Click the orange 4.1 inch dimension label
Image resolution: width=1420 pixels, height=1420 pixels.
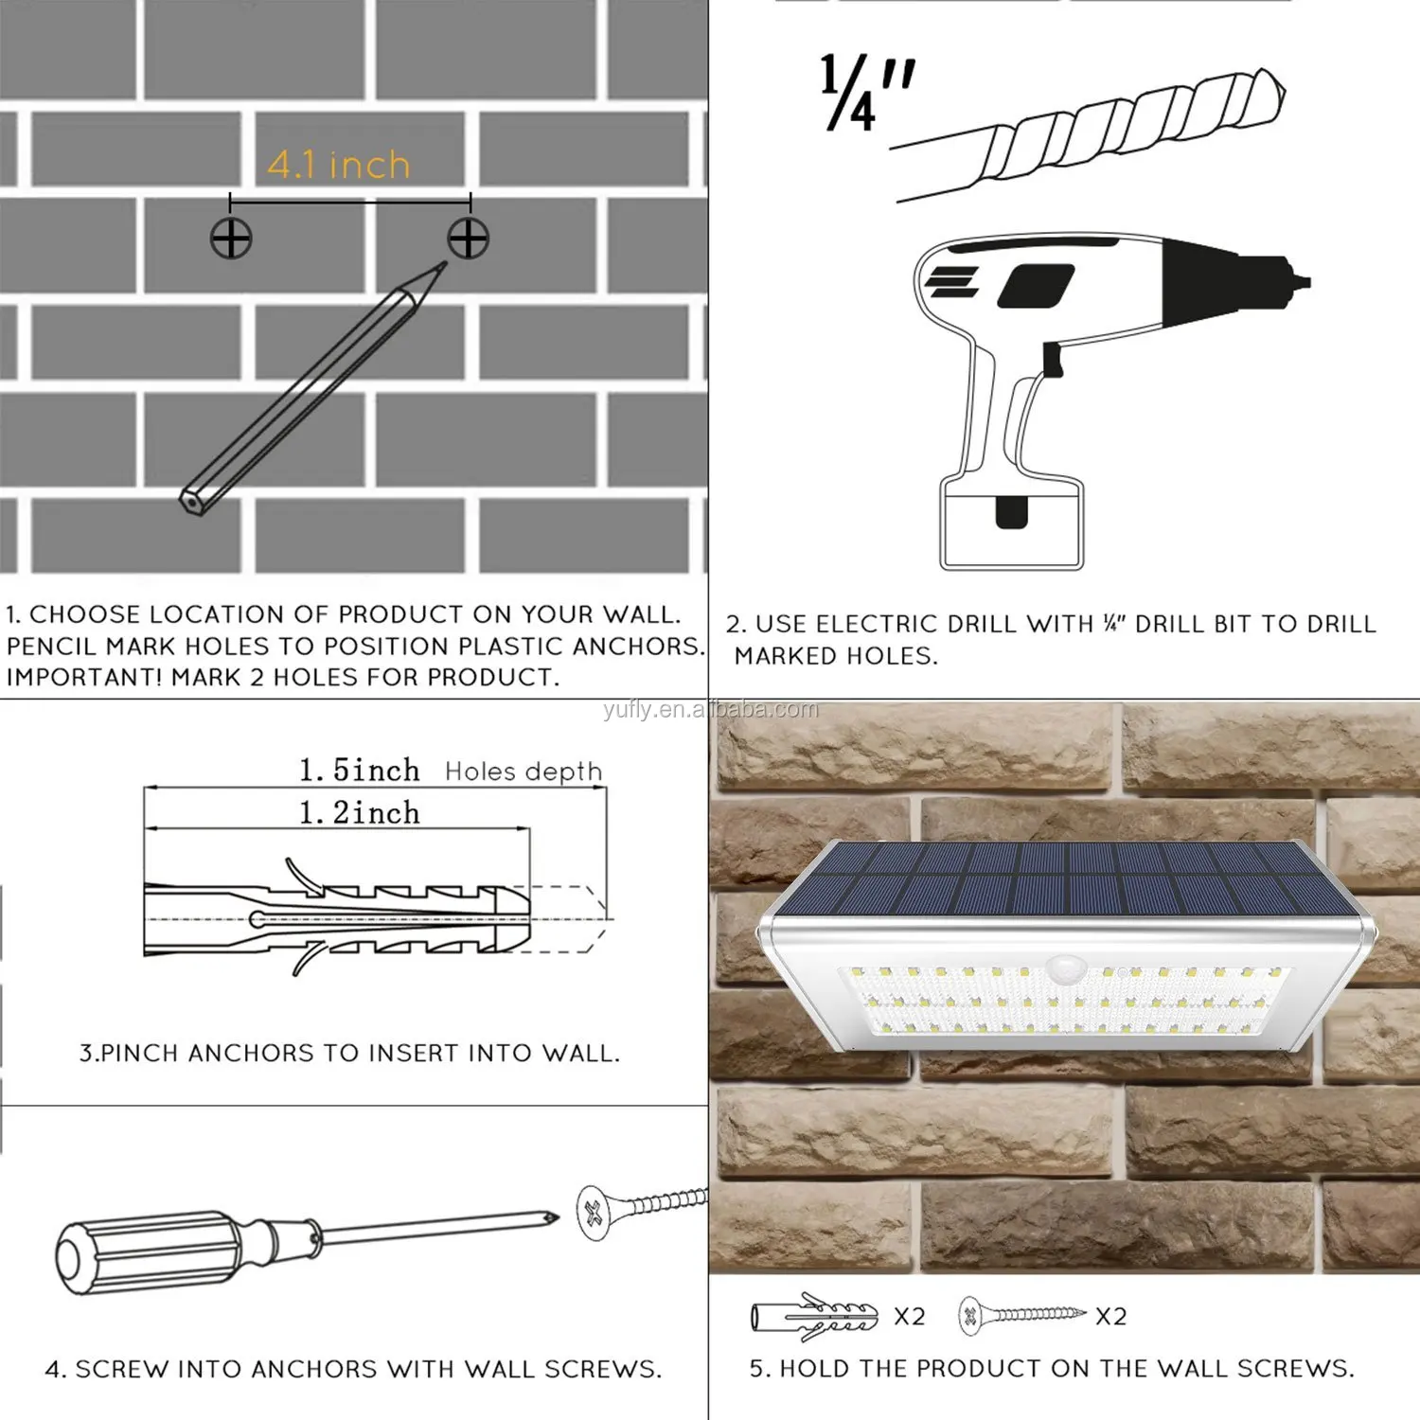point(338,165)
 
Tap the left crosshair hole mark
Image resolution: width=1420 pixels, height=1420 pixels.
point(231,238)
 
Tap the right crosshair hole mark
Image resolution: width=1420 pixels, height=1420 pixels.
point(469,238)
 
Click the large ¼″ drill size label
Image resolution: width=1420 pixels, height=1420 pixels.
point(867,92)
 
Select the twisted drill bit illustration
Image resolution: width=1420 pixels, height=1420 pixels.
point(1089,133)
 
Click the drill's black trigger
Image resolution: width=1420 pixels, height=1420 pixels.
point(1051,359)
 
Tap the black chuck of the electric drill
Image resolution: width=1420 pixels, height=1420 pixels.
point(1231,282)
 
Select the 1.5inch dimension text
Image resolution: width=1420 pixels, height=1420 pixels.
point(359,771)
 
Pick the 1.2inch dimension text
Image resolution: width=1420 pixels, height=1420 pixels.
point(359,812)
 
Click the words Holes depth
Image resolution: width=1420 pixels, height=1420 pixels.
point(524,772)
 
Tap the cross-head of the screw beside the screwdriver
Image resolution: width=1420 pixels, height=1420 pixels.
point(595,1213)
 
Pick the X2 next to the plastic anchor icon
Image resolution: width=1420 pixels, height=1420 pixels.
point(910,1317)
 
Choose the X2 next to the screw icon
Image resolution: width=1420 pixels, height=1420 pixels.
point(1111,1317)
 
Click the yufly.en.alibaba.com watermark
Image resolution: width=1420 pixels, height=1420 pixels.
point(711,710)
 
